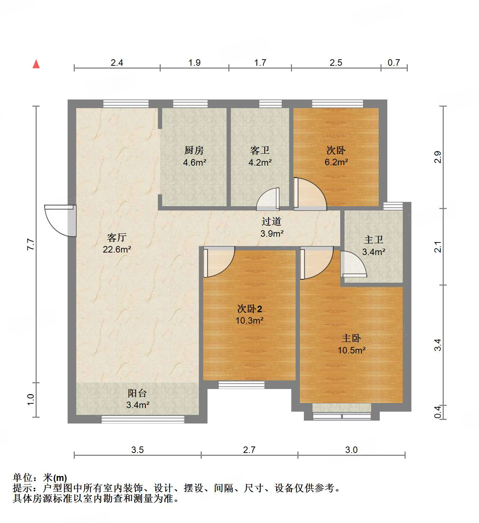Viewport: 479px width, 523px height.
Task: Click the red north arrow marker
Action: (36, 64)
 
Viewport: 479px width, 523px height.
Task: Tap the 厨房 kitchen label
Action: (194, 150)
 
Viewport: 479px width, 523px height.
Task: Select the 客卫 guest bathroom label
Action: (260, 150)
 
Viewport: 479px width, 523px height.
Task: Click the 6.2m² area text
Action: (336, 162)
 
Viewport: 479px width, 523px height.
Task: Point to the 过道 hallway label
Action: (272, 221)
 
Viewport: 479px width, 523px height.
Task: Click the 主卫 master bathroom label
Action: (374, 240)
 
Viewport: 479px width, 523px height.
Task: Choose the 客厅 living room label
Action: (117, 237)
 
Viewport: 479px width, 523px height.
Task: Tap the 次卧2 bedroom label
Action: (250, 309)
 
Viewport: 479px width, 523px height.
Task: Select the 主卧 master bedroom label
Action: (351, 338)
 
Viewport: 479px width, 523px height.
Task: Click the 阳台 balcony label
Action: (137, 393)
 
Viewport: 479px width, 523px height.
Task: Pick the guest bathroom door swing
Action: (268, 200)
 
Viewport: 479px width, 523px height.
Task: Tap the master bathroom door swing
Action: (353, 264)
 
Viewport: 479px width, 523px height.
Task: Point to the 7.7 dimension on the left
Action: (31, 244)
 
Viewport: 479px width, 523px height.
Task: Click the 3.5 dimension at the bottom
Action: (137, 450)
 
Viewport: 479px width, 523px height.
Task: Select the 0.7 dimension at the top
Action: (394, 63)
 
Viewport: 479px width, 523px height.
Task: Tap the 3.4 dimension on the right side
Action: (438, 345)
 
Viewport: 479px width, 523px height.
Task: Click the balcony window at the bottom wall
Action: (143, 419)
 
